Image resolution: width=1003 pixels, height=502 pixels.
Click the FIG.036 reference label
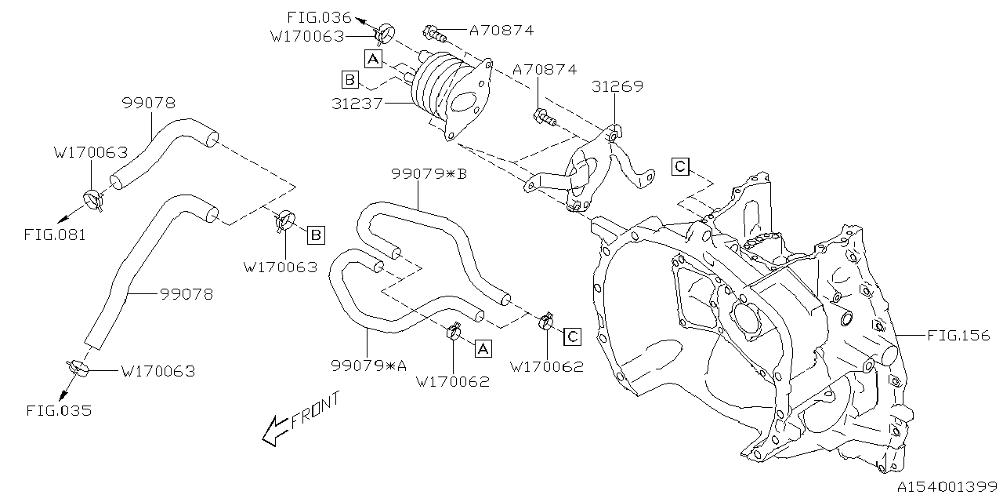(319, 17)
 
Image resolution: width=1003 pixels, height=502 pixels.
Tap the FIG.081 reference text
(55, 235)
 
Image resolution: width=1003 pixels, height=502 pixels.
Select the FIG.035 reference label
(59, 410)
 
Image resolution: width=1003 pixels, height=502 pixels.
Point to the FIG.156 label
(958, 335)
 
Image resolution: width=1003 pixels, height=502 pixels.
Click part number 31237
(357, 104)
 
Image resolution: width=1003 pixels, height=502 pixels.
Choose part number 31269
(617, 86)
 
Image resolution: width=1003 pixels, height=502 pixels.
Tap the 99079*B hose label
(429, 173)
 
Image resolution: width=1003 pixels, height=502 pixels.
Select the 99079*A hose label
(368, 366)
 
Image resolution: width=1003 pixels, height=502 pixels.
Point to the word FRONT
(315, 412)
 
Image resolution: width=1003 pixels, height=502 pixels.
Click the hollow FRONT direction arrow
(274, 431)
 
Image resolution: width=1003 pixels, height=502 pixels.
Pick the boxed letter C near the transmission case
(680, 167)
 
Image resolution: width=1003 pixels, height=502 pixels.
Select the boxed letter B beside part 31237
(350, 80)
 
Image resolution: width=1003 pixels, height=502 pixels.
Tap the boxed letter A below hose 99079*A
(483, 348)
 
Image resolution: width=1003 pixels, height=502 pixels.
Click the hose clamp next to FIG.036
(384, 35)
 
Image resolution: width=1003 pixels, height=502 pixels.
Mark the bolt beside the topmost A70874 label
(434, 34)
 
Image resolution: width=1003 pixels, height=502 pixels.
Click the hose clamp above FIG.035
(78, 369)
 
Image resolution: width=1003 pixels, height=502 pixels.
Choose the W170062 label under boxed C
(547, 367)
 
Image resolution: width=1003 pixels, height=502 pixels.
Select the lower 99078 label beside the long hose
(186, 294)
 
